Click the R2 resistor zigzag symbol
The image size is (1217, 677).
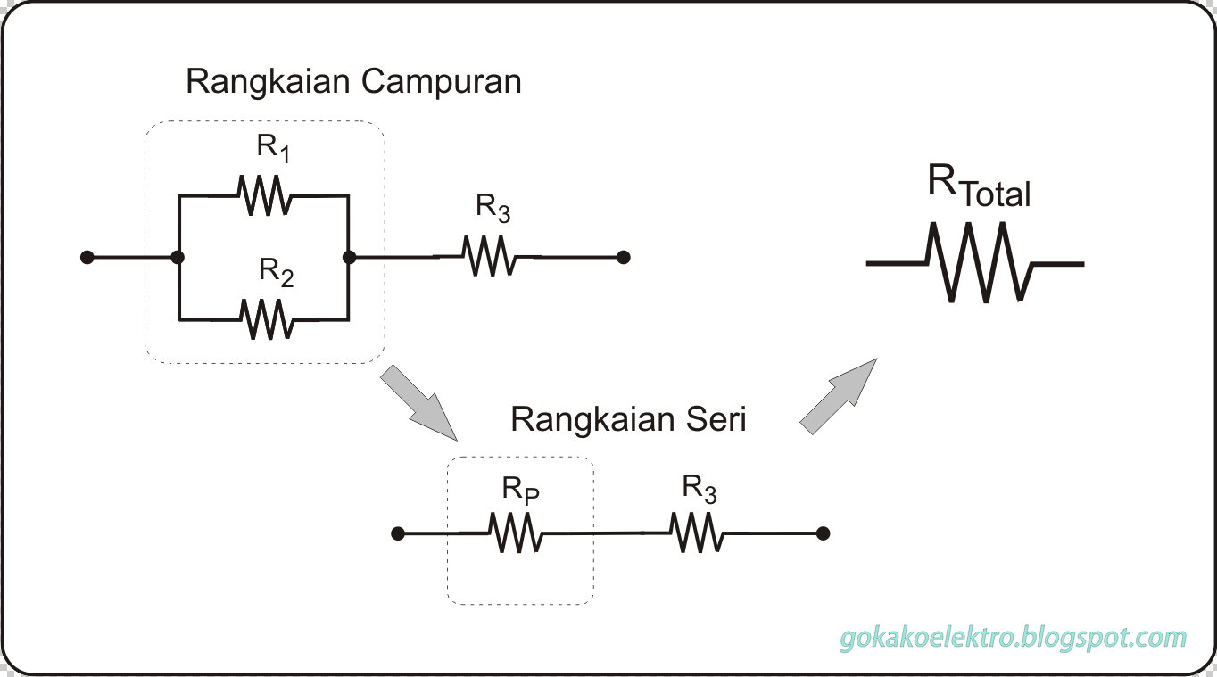tap(265, 319)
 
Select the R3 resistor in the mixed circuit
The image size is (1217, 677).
tap(489, 257)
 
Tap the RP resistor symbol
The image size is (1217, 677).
tap(515, 533)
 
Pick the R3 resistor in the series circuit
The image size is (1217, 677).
tap(698, 533)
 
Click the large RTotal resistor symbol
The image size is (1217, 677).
tap(980, 263)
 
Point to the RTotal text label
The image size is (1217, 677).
tap(979, 186)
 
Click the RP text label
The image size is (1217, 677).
tap(521, 490)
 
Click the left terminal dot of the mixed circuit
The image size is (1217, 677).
tap(87, 258)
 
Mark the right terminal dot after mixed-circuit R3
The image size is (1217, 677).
tap(624, 257)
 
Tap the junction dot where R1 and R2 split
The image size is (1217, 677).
tap(178, 258)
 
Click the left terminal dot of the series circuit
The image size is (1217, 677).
tap(398, 533)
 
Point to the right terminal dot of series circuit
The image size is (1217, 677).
tap(824, 533)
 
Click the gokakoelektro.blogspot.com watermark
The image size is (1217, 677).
tap(1014, 638)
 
